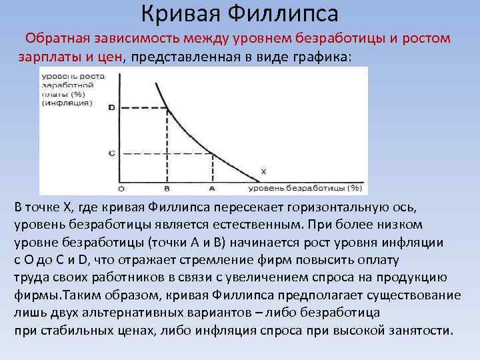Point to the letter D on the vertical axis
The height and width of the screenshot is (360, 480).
pos(111,107)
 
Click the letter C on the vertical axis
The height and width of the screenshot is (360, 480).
pos(111,153)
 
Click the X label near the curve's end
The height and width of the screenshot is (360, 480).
pos(263,171)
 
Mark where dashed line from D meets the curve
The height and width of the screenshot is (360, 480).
pos(166,107)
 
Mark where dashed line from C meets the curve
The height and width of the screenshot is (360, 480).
pos(212,153)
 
